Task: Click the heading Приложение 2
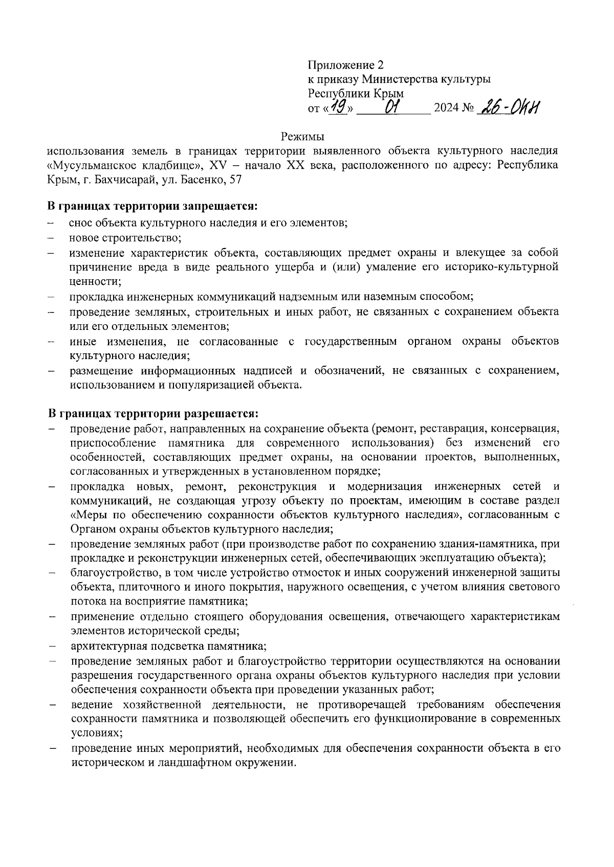pos(345,65)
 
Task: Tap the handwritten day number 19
pos(337,107)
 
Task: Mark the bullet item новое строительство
pos(125,237)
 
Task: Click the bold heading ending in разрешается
pos(153,412)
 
